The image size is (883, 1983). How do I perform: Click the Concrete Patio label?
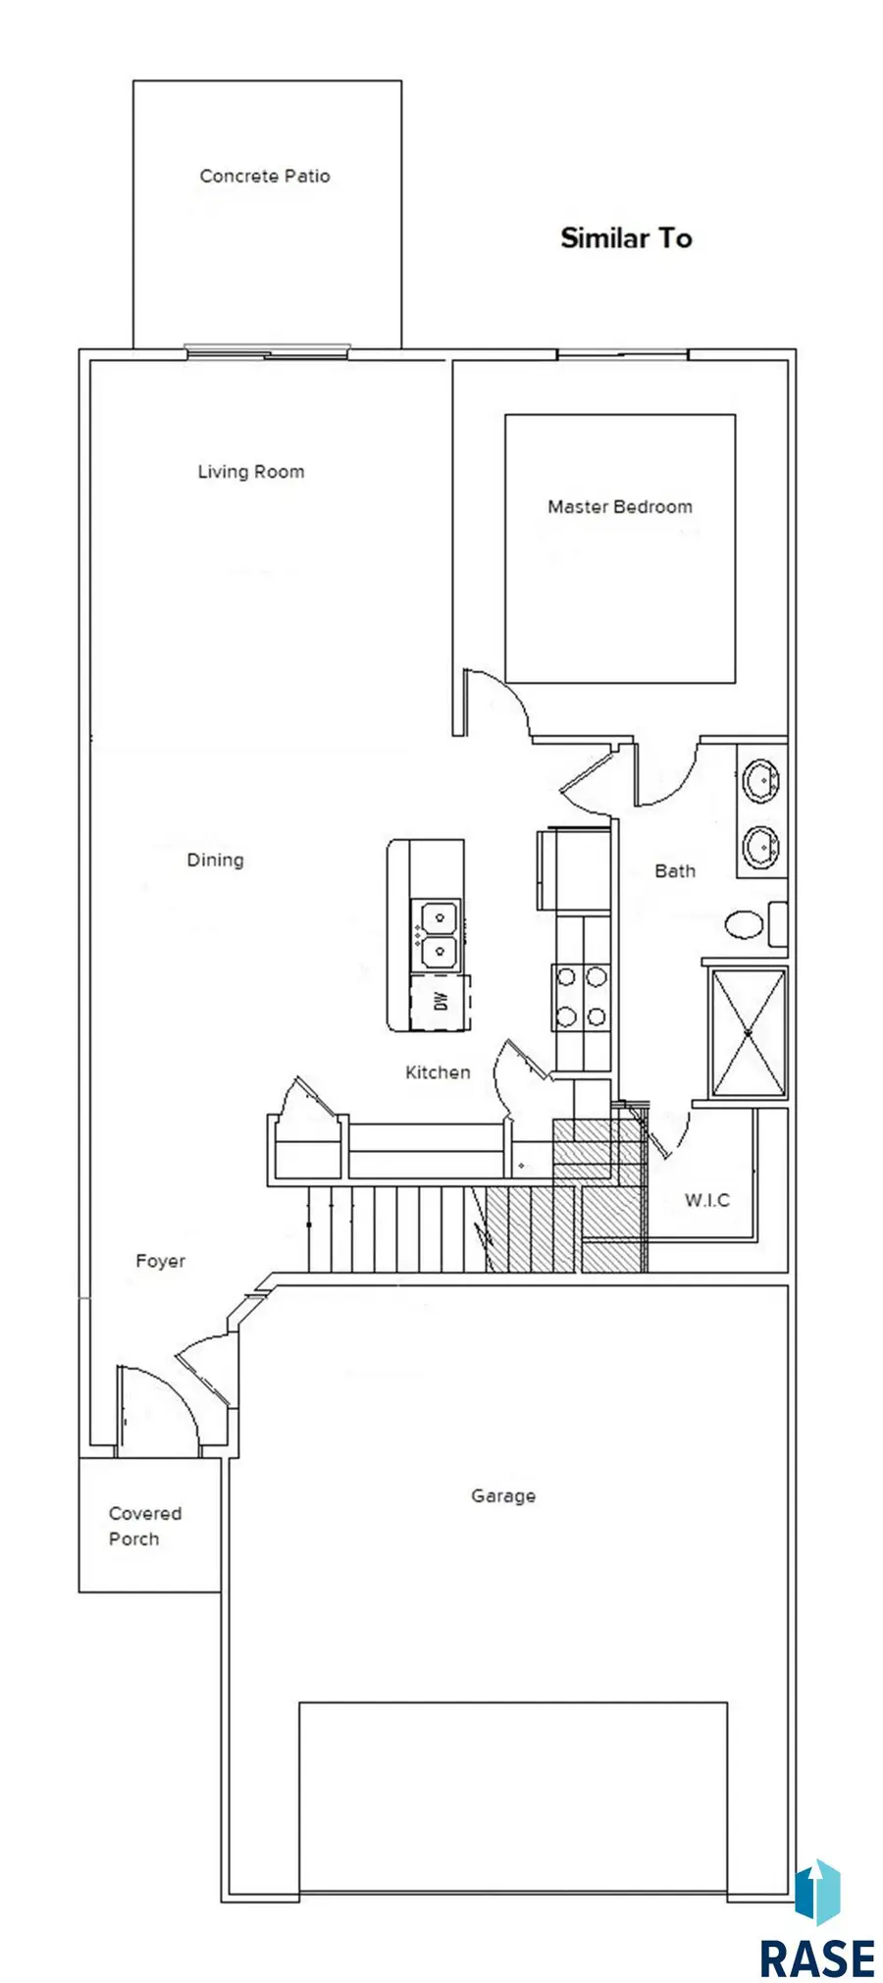point(265,177)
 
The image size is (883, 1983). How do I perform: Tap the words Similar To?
point(626,237)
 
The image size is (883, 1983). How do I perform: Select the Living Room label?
point(251,472)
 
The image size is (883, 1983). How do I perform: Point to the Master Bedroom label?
point(620,507)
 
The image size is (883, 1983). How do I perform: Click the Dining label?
point(215,861)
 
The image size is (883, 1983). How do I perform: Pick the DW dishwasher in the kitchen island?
point(441,1002)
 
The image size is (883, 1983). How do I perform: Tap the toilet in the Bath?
point(756,923)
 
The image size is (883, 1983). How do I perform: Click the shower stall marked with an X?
point(749,1032)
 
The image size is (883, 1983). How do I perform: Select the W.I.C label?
point(707,1200)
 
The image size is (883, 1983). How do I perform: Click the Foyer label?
point(160,1262)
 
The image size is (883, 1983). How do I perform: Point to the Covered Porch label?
point(145,1526)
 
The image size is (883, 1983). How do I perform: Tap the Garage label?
point(503,1496)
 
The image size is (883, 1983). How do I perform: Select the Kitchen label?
point(438,1072)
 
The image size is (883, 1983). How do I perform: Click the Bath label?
point(675,871)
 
